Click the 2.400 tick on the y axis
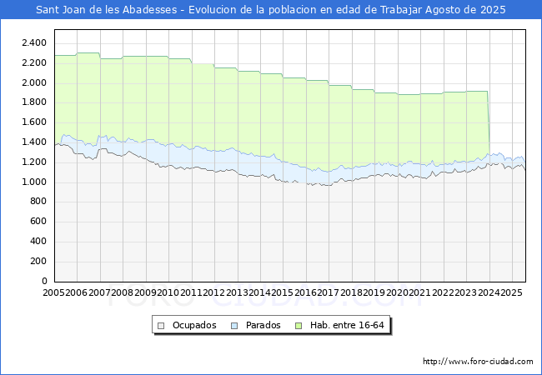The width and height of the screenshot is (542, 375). pos(34,43)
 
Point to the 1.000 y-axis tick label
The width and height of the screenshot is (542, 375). pos(34,182)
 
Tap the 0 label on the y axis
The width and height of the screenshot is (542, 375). pos(44,282)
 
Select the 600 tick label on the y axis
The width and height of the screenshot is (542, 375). pos(38,222)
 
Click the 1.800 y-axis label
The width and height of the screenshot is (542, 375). pos(34,102)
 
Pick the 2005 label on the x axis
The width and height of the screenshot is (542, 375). pos(53,292)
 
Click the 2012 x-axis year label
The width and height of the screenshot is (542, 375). pos(214,292)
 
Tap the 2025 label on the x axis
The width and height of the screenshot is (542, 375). pos(512,292)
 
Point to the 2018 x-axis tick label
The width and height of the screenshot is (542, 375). pos(352,292)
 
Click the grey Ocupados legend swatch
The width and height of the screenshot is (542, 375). pos(161,326)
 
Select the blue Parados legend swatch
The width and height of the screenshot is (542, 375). pos(234,326)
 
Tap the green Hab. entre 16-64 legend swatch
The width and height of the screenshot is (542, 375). pos(299,326)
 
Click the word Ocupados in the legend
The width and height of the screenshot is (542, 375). pos(194,325)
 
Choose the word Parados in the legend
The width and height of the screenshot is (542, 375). pos(263,325)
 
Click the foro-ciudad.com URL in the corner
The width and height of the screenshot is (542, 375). pos(478,362)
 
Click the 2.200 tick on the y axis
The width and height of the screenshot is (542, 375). pos(34,62)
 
